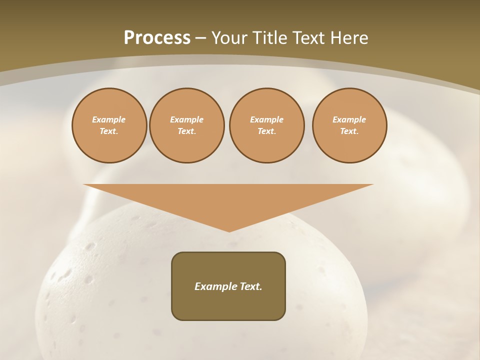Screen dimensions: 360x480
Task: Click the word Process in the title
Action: tap(157, 38)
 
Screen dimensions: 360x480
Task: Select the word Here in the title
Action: tap(350, 38)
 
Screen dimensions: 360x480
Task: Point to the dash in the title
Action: tap(200, 38)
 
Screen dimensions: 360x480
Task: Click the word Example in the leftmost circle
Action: tap(109, 119)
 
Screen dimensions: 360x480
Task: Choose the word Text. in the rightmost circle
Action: tap(349, 131)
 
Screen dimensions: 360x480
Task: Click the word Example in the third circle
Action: tap(266, 119)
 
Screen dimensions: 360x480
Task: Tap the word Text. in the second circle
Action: tap(186, 131)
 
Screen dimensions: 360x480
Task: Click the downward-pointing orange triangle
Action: tap(228, 200)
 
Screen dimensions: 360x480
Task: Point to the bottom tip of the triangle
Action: tap(229, 230)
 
